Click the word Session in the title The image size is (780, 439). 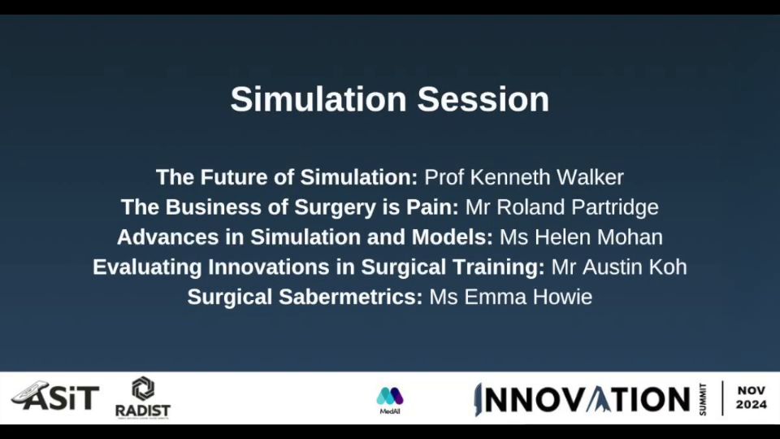point(483,99)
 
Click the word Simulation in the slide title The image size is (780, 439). point(318,99)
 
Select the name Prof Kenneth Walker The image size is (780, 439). point(524,177)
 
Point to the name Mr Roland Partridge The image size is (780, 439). point(562,207)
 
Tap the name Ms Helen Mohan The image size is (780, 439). point(581,237)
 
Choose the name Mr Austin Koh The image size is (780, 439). point(619,267)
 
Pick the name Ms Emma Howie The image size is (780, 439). point(511,297)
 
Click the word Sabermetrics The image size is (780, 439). point(351,297)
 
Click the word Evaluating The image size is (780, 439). point(147,267)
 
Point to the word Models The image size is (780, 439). point(453,237)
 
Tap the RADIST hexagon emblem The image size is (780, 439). point(143,389)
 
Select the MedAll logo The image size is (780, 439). point(390,401)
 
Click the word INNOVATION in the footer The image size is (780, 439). point(583,400)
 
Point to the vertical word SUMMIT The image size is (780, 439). point(703,399)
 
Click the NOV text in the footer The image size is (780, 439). point(751,391)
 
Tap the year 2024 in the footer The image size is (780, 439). point(751,405)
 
